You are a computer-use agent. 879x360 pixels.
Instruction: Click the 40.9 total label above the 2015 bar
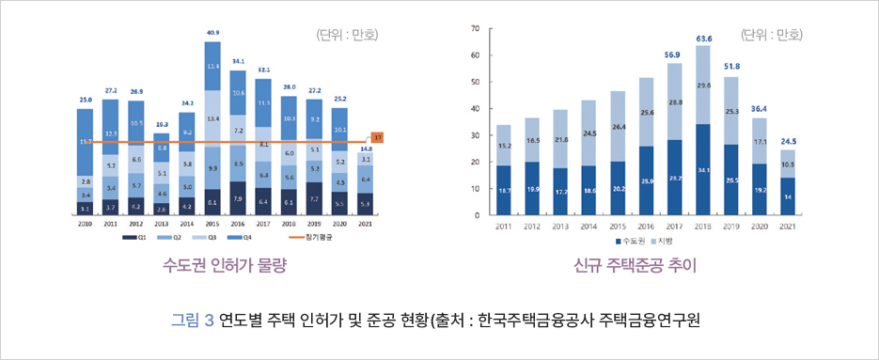212,32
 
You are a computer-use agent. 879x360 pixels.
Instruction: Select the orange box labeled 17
376,137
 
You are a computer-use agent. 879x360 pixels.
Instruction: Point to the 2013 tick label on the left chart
162,225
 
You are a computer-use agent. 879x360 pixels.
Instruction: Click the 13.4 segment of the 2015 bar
212,118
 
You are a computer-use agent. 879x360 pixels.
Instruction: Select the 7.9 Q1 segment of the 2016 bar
238,199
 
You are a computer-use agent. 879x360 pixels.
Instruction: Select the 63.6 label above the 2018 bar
703,39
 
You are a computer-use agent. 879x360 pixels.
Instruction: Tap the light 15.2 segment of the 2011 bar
504,146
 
